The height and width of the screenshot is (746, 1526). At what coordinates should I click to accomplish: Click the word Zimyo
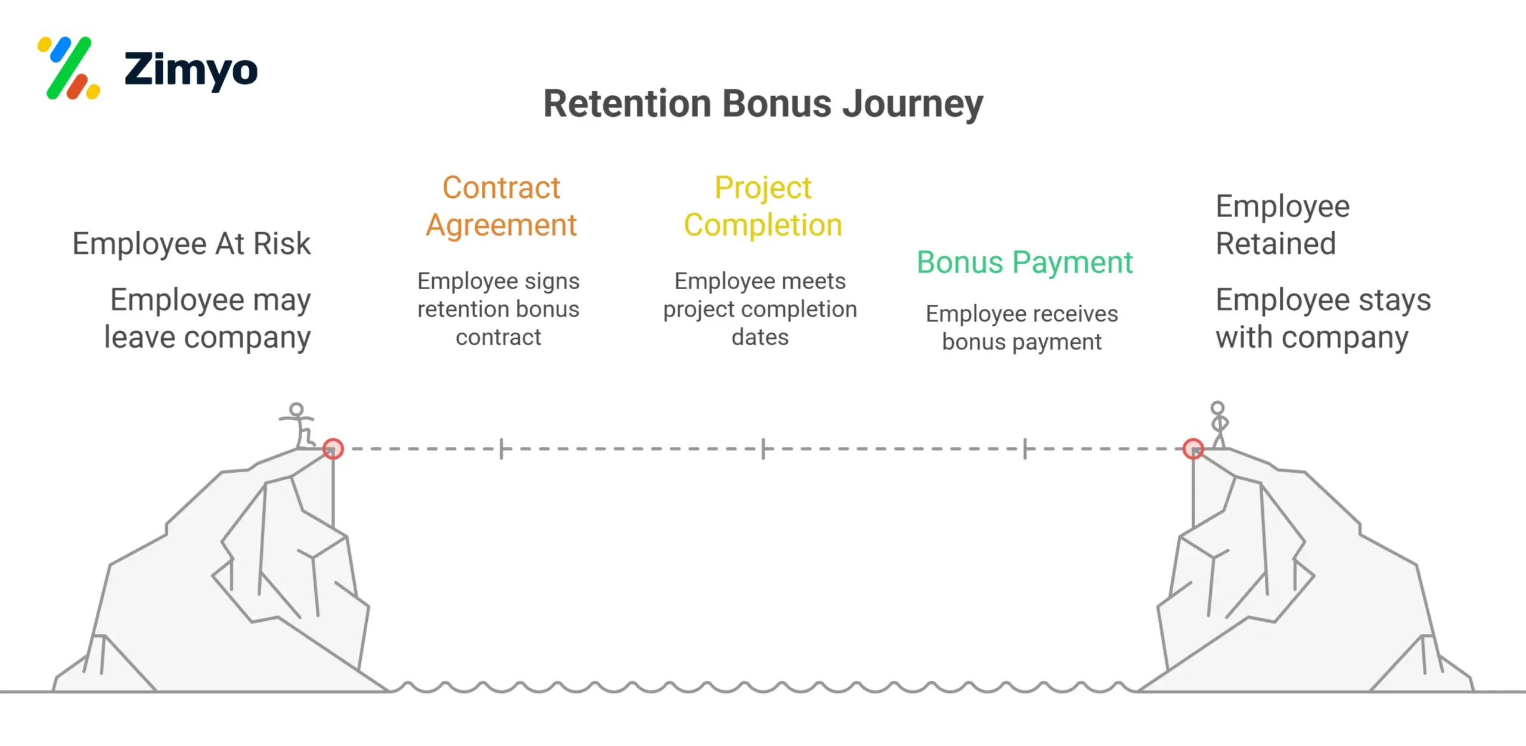coord(191,70)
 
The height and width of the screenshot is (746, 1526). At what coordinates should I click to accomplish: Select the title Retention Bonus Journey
coord(763,104)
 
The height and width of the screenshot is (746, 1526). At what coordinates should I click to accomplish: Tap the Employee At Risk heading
coord(191,243)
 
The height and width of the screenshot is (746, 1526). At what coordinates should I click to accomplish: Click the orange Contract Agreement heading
coord(501,206)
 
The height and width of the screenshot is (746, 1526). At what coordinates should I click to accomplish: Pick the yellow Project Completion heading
coord(763,206)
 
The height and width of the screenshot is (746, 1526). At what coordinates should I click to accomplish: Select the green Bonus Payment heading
coord(1024,262)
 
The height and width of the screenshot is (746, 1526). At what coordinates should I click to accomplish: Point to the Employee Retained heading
coord(1282,225)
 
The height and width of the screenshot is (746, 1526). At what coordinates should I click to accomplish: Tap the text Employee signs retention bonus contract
coord(498,309)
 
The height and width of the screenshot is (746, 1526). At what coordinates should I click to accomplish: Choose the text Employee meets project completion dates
coord(760,309)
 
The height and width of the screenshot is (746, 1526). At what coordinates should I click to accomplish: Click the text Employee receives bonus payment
coord(1022,327)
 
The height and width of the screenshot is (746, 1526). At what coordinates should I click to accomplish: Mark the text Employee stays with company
coord(1323,318)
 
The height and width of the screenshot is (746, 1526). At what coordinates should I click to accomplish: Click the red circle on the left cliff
coord(333,448)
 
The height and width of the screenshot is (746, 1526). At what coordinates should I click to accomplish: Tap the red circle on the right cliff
coord(1193,448)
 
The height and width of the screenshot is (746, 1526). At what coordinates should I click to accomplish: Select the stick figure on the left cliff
coord(298,425)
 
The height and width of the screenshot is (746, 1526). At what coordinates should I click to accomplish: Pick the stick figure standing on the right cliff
coord(1218,423)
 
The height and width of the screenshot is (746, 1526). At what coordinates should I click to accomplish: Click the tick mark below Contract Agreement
coord(501,448)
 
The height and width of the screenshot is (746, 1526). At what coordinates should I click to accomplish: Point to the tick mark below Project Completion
coord(763,448)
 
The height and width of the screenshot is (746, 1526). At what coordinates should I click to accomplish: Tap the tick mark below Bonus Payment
coord(1025,448)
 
